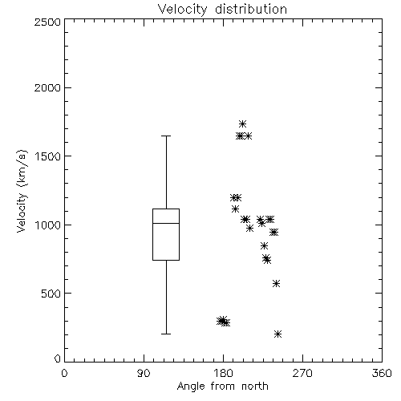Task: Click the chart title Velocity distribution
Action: [x=222, y=9]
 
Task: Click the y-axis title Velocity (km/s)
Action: [x=22, y=191]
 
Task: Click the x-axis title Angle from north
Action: [x=222, y=387]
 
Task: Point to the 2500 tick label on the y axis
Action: [x=47, y=22]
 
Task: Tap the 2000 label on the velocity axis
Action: [x=47, y=88]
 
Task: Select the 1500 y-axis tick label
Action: [x=48, y=156]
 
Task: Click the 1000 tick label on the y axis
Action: [x=48, y=225]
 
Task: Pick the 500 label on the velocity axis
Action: [x=51, y=294]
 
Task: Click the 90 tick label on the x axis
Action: [x=144, y=373]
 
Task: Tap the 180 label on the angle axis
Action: [x=224, y=373]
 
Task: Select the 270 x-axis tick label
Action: [x=302, y=373]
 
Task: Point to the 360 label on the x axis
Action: [x=382, y=373]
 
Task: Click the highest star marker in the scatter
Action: [x=242, y=124]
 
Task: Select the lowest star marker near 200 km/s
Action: [x=277, y=334]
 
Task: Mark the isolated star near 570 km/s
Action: [x=276, y=283]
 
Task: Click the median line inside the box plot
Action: [x=166, y=223]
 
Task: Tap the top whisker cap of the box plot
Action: [x=166, y=136]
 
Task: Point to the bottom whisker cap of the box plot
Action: [x=166, y=334]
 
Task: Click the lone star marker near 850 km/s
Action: [x=264, y=245]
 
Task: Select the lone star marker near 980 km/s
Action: [x=249, y=228]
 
